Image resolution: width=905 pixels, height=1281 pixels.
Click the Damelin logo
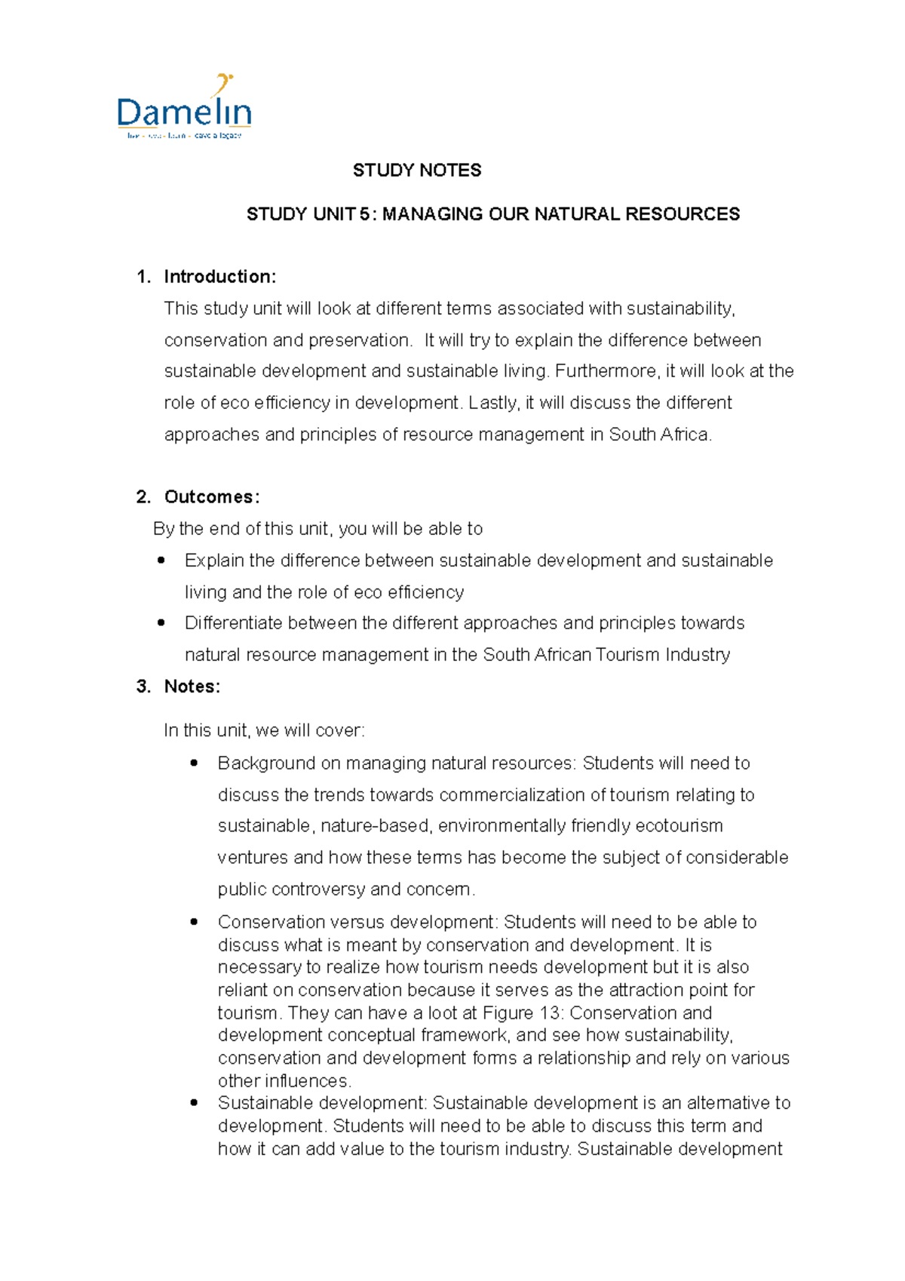coord(184,108)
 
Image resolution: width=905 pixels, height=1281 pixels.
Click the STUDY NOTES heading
coord(417,170)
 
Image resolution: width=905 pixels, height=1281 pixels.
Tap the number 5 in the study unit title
coord(364,214)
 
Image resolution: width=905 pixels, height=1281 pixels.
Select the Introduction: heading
coord(219,277)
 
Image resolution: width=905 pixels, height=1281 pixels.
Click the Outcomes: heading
coord(212,497)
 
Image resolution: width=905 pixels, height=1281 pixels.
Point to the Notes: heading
coord(192,687)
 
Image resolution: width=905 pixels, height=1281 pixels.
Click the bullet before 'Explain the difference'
coord(161,561)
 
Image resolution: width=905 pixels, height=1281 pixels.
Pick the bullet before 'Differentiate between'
coord(161,623)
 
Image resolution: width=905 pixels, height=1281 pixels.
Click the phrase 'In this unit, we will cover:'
coord(264,730)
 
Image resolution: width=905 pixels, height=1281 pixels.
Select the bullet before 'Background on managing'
coord(194,763)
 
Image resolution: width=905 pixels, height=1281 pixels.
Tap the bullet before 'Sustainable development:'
coord(194,1103)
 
